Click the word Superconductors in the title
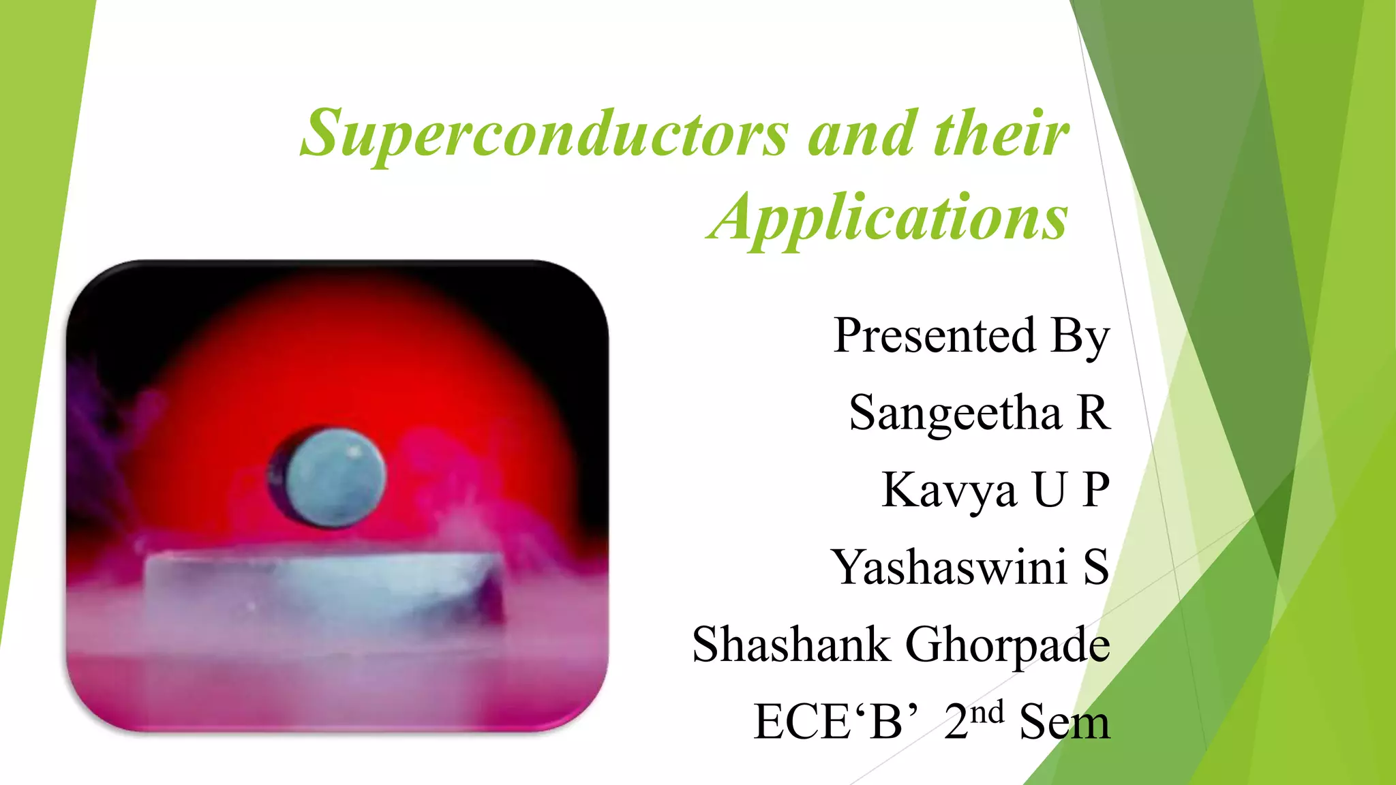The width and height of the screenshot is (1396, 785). click(545, 134)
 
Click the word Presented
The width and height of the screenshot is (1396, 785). click(935, 336)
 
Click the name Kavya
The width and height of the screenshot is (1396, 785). click(949, 491)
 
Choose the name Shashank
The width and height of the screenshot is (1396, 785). click(791, 644)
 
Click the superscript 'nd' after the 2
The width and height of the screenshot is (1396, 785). click(988, 712)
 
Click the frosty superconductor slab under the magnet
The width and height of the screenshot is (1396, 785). click(320, 586)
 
